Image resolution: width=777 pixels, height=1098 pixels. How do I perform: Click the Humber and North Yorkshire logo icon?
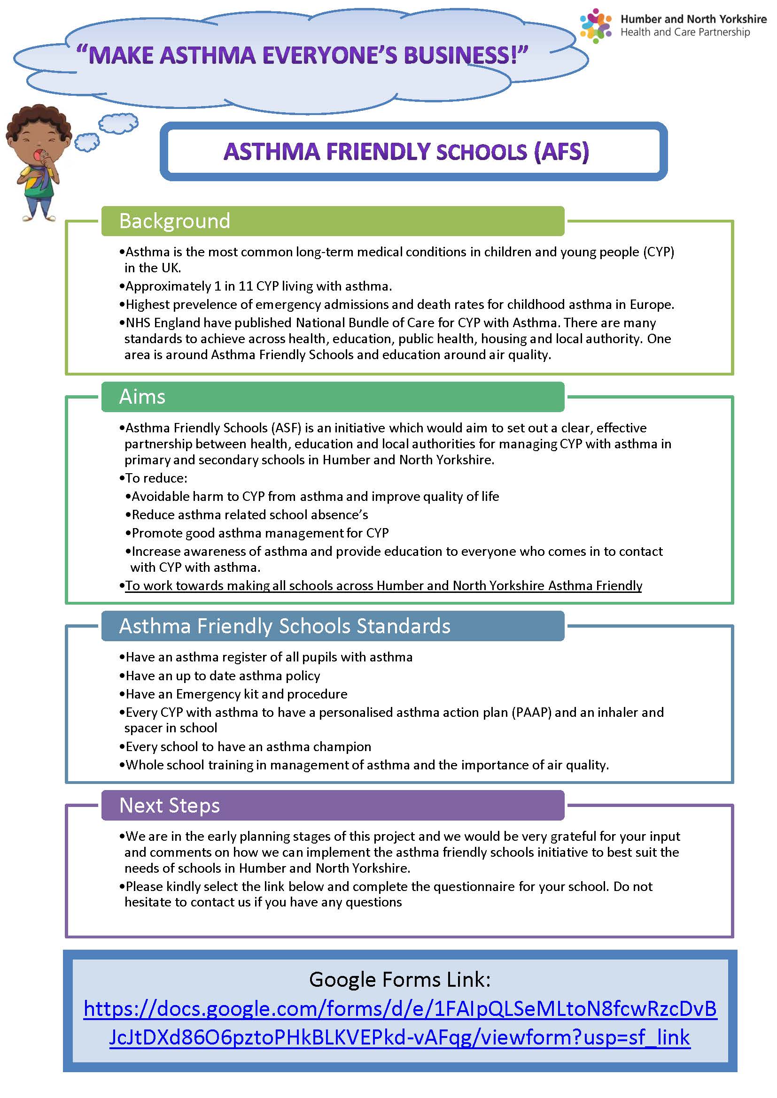(595, 26)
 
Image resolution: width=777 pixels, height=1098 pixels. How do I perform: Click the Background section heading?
(175, 221)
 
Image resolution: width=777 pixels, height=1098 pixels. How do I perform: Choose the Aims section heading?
(142, 397)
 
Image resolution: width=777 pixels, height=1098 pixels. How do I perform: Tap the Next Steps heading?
(170, 806)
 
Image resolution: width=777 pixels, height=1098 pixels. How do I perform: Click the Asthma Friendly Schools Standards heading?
(285, 626)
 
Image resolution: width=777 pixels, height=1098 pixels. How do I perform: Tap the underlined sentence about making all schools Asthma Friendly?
(383, 585)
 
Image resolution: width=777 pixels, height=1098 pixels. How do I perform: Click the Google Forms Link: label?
(400, 979)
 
